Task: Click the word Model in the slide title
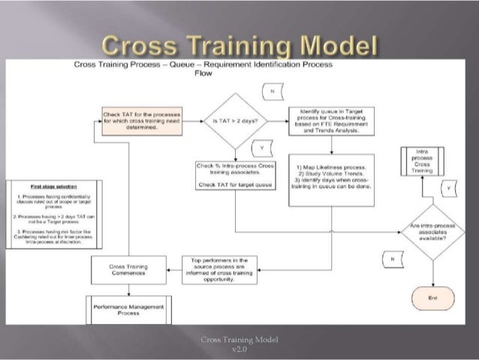click(338, 47)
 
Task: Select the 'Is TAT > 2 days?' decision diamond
click(236, 120)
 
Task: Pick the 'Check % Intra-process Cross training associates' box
click(236, 174)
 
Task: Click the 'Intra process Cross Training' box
click(421, 161)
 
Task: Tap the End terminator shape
click(432, 298)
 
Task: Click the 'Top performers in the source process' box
click(219, 270)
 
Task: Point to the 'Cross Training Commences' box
click(128, 270)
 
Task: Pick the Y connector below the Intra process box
click(448, 187)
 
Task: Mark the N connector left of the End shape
click(390, 259)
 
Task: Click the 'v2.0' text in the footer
click(239, 348)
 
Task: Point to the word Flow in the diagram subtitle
click(203, 74)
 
